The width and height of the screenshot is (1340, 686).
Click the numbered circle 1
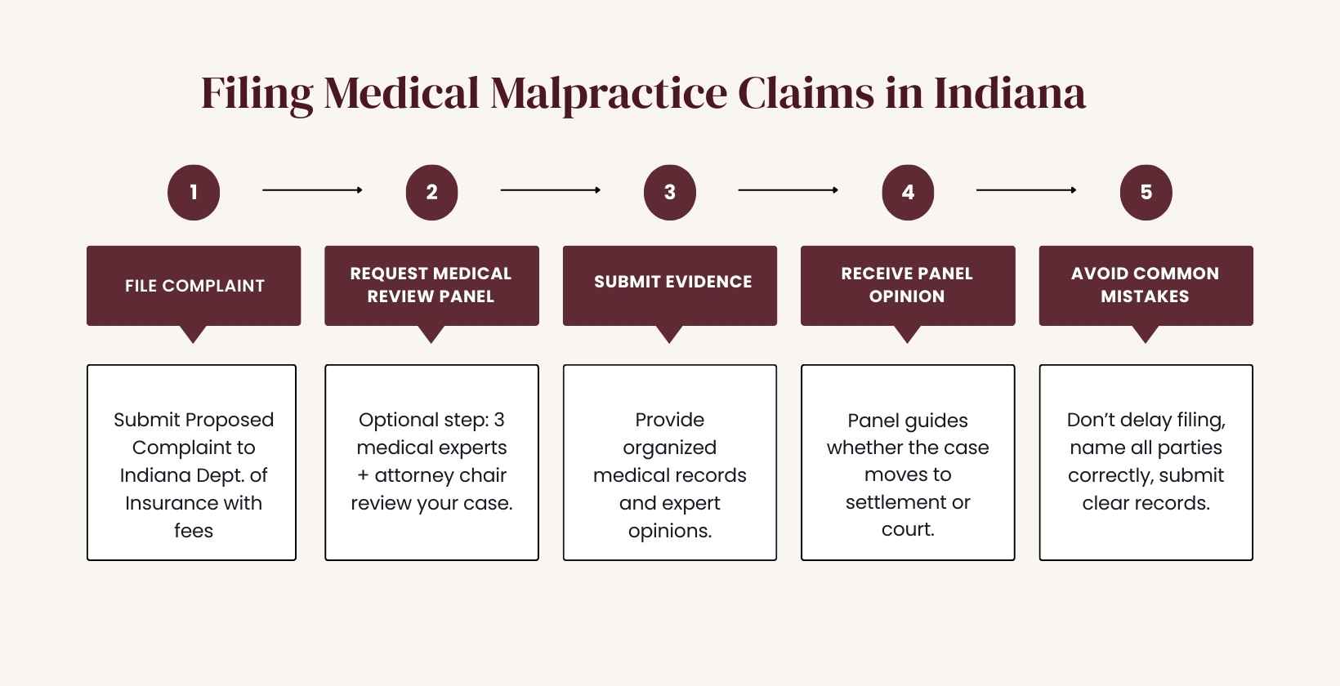(x=194, y=193)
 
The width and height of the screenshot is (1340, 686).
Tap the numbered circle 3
(x=669, y=193)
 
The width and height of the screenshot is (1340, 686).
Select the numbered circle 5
(x=1146, y=193)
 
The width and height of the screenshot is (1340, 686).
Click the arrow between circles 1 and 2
(x=312, y=190)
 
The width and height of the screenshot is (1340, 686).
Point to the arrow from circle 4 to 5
(x=1026, y=190)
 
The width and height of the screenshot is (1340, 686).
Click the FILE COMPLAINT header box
(x=194, y=286)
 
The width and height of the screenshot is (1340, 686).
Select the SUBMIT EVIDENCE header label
(x=672, y=282)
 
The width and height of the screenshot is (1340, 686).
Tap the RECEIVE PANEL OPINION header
(x=907, y=285)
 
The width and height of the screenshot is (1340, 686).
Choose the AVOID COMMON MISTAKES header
(x=1145, y=285)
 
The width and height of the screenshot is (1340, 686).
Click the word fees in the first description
(x=194, y=531)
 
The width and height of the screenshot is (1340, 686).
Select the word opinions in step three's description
(x=668, y=531)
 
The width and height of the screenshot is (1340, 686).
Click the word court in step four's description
(x=906, y=529)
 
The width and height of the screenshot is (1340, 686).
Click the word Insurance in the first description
(x=170, y=503)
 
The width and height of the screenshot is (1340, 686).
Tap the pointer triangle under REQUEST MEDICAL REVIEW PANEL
(x=431, y=334)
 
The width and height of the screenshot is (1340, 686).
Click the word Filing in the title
(x=257, y=94)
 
